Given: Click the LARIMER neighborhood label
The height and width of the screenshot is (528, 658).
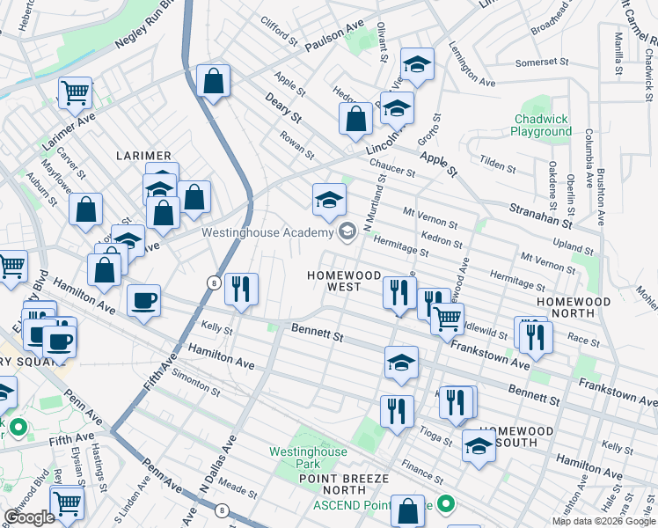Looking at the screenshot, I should pyautogui.click(x=144, y=156).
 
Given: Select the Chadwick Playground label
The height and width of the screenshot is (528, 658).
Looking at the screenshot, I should pyautogui.click(x=541, y=125).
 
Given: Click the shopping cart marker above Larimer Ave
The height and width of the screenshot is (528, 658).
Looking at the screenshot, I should pyautogui.click(x=75, y=91).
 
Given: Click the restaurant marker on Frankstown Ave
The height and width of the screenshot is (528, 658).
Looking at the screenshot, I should pyautogui.click(x=535, y=335).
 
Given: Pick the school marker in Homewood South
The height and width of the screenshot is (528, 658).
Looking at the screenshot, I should pyautogui.click(x=479, y=445).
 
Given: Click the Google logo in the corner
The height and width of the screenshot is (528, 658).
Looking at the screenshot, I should pyautogui.click(x=29, y=517).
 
